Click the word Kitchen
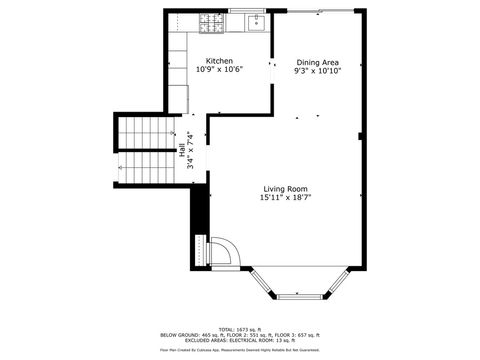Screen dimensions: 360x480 219,61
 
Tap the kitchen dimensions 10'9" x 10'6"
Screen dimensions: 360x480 219,71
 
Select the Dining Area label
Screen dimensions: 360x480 317,62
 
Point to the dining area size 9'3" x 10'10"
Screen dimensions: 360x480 317,72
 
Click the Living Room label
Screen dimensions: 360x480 285,189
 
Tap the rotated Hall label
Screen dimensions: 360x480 181,152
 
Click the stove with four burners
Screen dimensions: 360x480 211,21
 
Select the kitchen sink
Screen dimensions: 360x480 253,22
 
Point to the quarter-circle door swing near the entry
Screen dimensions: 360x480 224,252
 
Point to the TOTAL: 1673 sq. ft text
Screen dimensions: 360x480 241,328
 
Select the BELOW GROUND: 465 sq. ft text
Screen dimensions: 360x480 186,334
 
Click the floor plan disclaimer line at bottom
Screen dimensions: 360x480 241,351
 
